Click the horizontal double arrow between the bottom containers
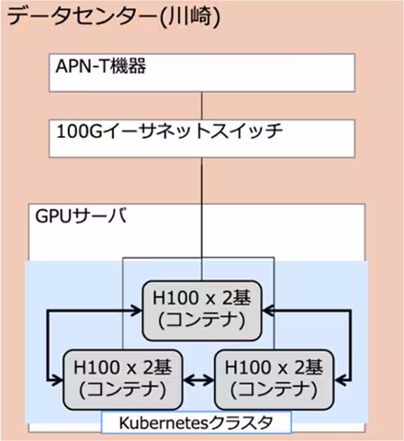coord(194,379)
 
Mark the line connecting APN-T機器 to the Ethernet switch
coord(201,103)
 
